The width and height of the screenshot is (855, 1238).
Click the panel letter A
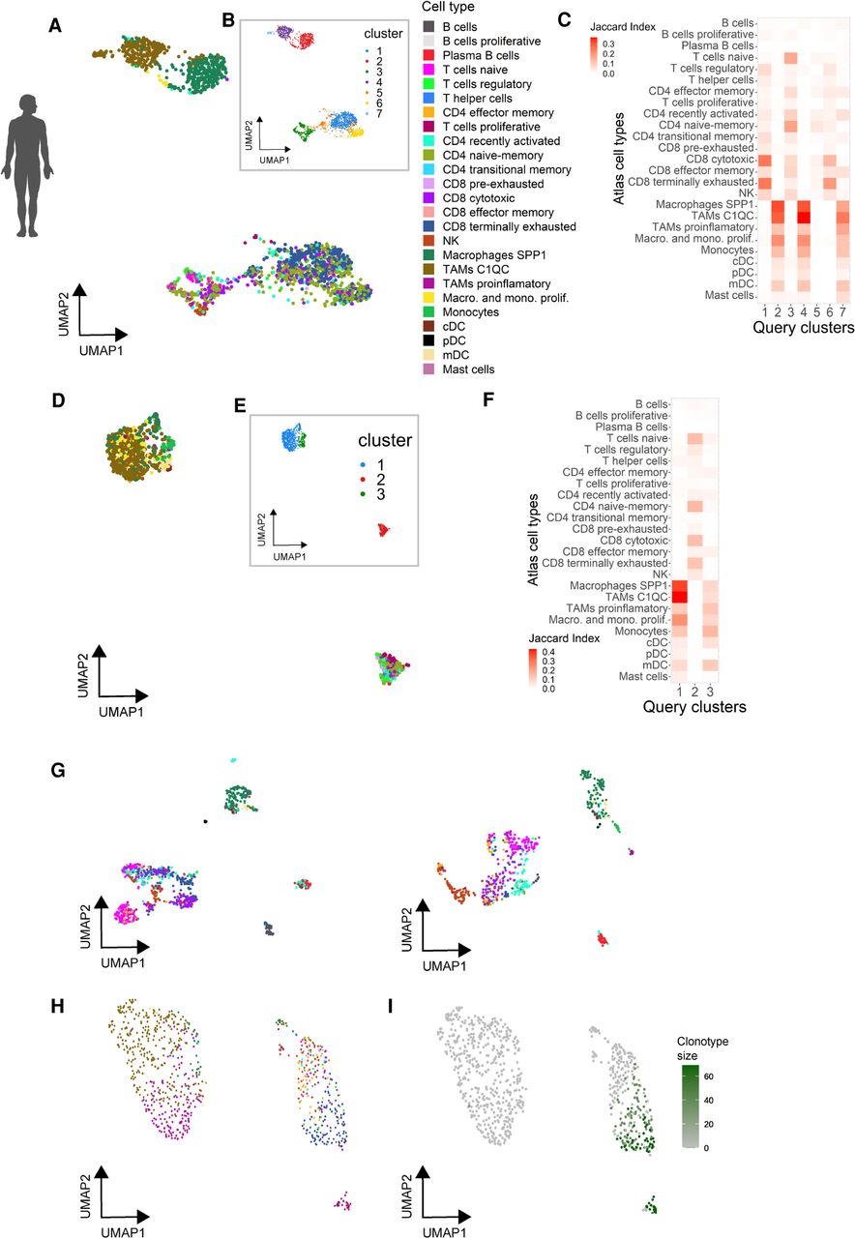click(x=55, y=25)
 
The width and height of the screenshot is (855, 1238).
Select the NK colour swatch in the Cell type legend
click(x=428, y=241)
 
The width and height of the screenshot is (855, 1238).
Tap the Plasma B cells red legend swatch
click(x=428, y=55)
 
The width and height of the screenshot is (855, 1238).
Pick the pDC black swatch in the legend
click(x=428, y=341)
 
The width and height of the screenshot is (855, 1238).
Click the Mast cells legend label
click(x=468, y=369)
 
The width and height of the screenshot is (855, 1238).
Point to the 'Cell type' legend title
click(x=448, y=7)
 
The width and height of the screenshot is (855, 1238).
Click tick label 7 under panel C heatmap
click(x=842, y=311)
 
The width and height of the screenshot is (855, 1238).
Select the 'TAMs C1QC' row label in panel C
click(x=722, y=216)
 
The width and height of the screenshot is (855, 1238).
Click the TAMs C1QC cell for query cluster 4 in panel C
click(x=804, y=216)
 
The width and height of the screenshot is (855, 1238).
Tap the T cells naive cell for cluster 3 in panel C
click(x=791, y=57)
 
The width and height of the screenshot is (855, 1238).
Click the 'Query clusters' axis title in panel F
click(x=694, y=707)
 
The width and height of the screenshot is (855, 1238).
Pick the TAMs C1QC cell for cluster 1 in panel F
click(x=679, y=597)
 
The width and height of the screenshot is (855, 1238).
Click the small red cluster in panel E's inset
click(x=382, y=530)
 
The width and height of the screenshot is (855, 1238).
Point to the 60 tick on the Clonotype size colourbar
click(x=709, y=1076)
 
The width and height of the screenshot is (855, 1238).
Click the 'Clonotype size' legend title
click(x=702, y=1048)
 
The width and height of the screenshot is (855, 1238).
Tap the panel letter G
click(x=57, y=770)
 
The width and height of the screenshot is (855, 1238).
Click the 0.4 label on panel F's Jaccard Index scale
click(x=548, y=652)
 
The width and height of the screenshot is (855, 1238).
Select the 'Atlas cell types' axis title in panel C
click(x=619, y=159)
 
